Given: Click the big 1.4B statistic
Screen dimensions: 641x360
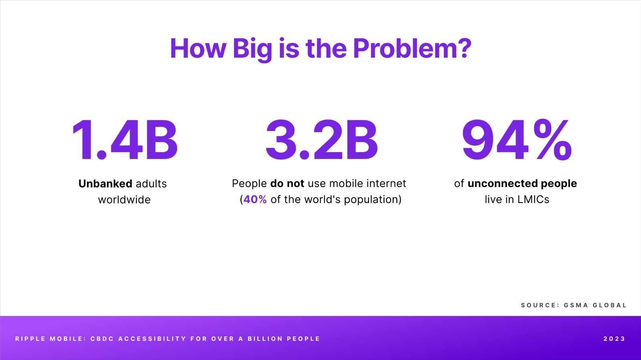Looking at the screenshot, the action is (x=125, y=140).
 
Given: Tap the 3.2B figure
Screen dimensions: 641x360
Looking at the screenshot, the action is (x=322, y=140).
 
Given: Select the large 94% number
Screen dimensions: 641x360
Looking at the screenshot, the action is (x=517, y=140).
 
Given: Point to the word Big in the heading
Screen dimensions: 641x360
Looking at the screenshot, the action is (x=252, y=50).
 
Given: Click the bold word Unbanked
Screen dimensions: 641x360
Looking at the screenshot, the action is (x=105, y=183).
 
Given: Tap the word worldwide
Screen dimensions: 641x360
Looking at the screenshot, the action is (x=124, y=199).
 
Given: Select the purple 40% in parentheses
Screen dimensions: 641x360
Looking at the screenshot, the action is (x=255, y=199).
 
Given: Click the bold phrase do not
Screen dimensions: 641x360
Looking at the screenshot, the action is (x=287, y=183).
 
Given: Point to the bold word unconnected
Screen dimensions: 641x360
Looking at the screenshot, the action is (x=502, y=183).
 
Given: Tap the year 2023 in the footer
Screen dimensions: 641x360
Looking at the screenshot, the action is (x=614, y=339).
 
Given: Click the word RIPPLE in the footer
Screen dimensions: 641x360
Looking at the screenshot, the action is (x=30, y=339).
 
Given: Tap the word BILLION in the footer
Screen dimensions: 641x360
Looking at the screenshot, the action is (x=265, y=339).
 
